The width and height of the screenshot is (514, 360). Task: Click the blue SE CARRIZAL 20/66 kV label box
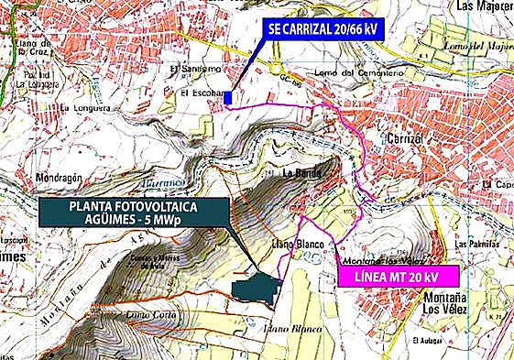pyautogui.click(x=322, y=29)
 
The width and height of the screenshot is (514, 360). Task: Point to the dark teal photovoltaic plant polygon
pyautogui.click(x=256, y=287)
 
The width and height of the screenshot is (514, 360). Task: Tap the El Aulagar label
pyautogui.click(x=430, y=341)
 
